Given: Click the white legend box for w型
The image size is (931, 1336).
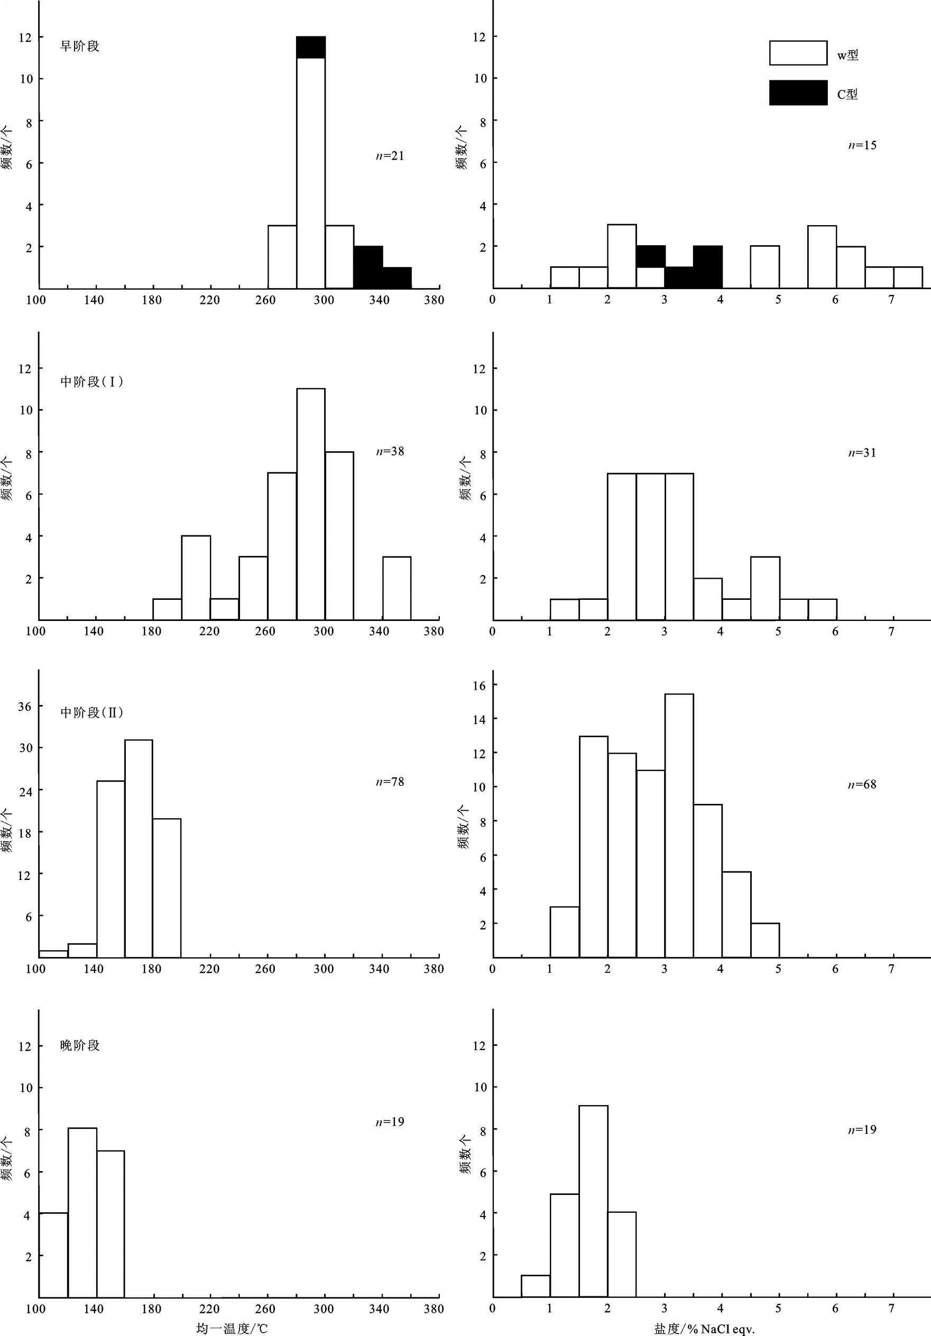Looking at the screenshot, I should pos(798,53).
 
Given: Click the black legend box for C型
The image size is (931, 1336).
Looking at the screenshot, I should pos(798,92).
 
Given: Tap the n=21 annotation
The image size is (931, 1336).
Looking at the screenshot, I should pos(390,155).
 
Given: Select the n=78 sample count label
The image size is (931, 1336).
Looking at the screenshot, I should pos(390,782).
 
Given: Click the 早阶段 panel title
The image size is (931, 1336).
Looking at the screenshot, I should pos(80,46).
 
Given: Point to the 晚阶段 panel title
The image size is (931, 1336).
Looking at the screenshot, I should pos(80,1045).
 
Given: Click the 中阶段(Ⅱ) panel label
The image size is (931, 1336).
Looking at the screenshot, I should pos(92,712).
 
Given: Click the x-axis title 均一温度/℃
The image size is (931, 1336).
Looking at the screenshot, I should pos(232,1329).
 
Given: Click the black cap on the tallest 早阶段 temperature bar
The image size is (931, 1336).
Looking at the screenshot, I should pos(311,47).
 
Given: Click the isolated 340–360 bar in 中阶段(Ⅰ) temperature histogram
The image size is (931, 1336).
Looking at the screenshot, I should pos(397,588).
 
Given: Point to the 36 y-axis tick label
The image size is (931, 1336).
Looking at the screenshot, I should pos(25,707).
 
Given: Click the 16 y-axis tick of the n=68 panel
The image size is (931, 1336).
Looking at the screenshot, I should pos(478,685).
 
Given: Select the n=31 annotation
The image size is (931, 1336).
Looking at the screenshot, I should pos(862,452).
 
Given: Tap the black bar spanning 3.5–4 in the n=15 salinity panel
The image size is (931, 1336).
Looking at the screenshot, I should pos(707,267).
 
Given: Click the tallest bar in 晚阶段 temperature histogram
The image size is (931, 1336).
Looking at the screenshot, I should pos(82,1213).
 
